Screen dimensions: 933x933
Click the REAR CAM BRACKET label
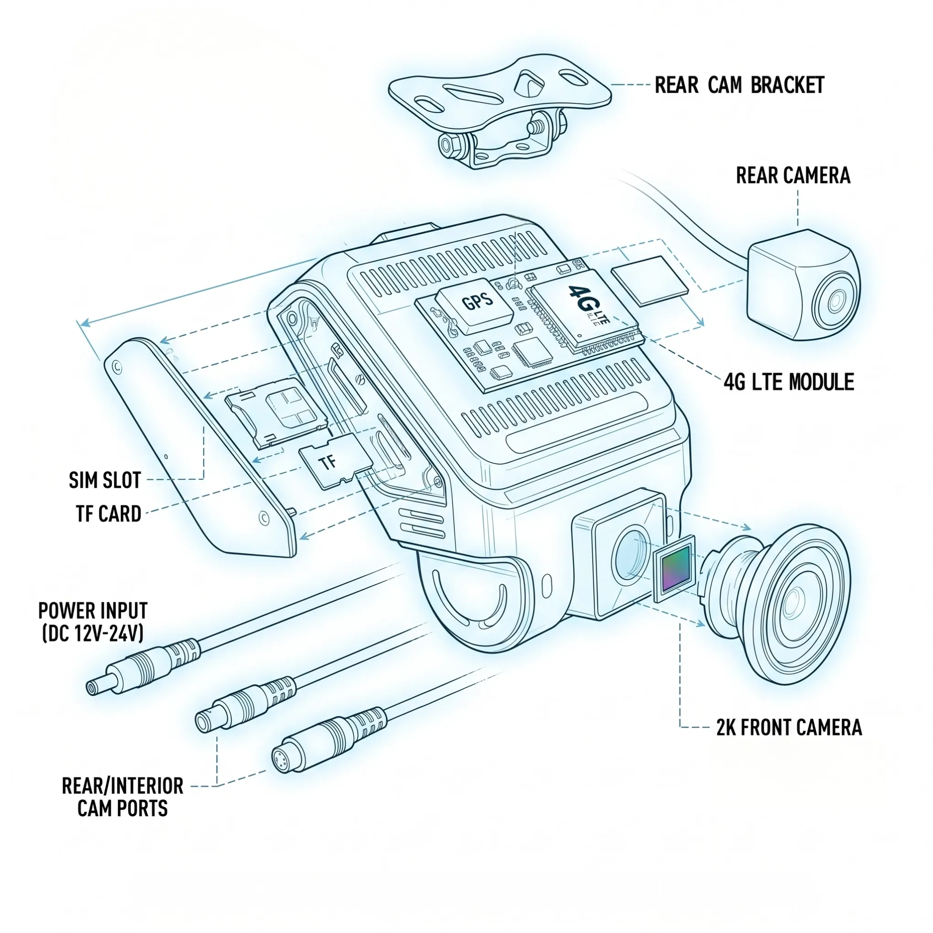pos(740,86)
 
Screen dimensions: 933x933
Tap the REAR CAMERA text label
pos(793,175)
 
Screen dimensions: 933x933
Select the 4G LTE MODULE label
pos(788,381)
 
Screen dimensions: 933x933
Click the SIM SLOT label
pos(105,480)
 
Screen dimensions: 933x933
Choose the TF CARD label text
pos(109,513)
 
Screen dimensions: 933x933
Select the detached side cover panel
pos(200,447)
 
